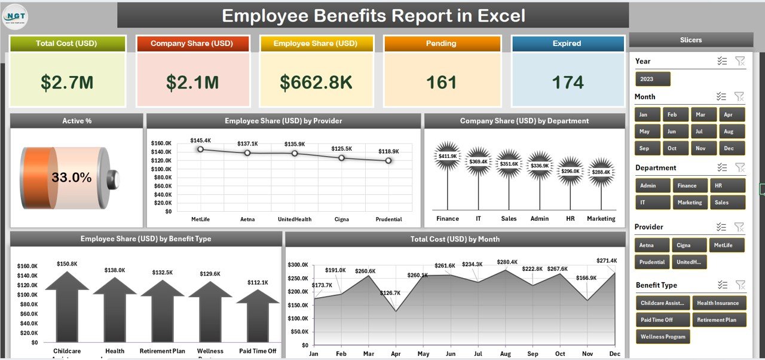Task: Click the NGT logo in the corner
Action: point(15,16)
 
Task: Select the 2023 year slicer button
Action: point(653,79)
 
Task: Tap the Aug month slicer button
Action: point(728,132)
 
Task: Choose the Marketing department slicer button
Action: point(689,203)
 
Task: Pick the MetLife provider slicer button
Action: point(727,245)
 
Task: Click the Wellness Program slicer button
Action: point(663,337)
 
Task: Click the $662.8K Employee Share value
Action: point(317,83)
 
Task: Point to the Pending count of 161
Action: point(442,83)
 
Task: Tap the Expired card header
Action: point(567,44)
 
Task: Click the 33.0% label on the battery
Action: point(72,178)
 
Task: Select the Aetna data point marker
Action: point(247,153)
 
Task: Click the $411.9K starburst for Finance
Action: point(447,156)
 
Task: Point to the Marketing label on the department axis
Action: point(601,219)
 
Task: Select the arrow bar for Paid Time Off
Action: point(258,317)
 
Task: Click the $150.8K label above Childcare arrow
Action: point(66,264)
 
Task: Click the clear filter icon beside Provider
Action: point(740,227)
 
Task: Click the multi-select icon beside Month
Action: point(722,96)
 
